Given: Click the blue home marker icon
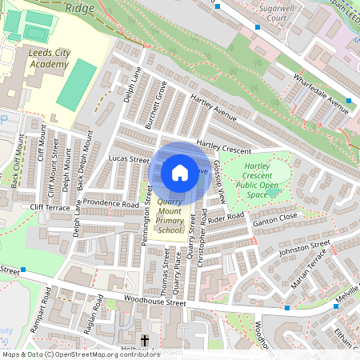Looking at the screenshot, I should coord(180,172).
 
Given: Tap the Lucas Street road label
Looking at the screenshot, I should coord(129,160).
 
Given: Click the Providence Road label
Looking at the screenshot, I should coord(110,204).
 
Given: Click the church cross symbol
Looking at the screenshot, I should coord(145,342).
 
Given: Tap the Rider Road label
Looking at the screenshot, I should coord(226,218).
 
